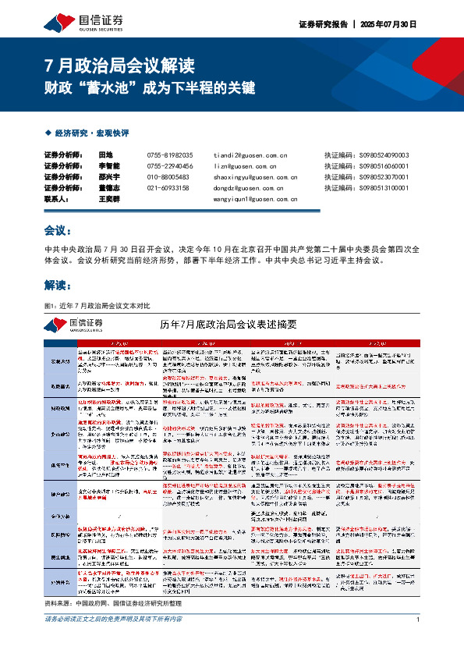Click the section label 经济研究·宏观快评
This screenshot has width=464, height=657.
tap(91, 133)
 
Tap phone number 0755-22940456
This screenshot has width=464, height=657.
tap(169, 166)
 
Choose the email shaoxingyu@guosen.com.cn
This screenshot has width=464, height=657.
tap(250, 177)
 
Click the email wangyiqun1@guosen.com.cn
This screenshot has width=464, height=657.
tap(250, 199)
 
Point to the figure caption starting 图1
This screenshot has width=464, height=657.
tap(97, 304)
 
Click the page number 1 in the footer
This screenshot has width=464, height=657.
tap(418, 641)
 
